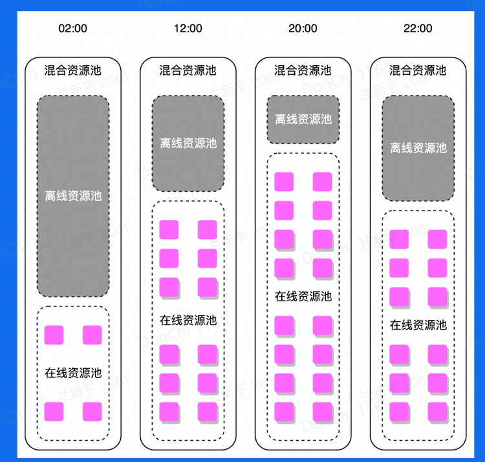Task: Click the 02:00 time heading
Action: [73, 28]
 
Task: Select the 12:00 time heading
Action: [188, 28]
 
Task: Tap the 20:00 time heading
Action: [303, 28]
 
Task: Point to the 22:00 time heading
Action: [418, 28]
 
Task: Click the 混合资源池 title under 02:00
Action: [73, 70]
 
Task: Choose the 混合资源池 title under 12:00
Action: [188, 70]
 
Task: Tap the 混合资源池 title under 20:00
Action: [303, 70]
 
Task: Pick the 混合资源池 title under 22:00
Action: [418, 70]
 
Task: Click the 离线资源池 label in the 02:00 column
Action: [73, 195]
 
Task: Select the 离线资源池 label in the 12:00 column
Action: [188, 143]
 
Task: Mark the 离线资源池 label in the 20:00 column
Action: [303, 120]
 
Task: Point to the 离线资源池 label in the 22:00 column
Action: [418, 148]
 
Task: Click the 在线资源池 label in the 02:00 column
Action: [73, 373]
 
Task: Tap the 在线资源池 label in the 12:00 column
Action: [188, 320]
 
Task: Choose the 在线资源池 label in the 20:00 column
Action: [303, 297]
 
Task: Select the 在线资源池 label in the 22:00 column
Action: [418, 325]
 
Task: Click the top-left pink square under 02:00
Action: [54, 335]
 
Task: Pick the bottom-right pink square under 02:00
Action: [92, 412]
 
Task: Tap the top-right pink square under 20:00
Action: [322, 182]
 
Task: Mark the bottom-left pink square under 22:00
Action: [399, 411]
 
